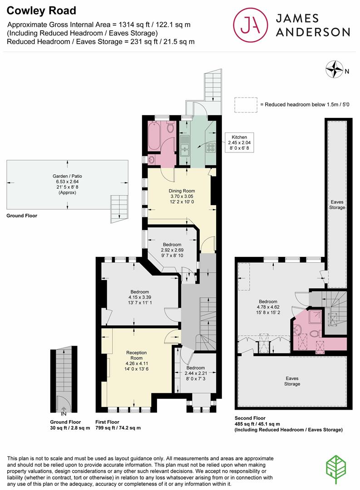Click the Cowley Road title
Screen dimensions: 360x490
click(41, 10)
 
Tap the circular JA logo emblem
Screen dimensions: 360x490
click(251, 25)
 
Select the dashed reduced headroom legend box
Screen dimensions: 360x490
click(246, 105)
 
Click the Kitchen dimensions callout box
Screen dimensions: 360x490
click(239, 142)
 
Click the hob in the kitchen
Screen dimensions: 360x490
click(211, 147)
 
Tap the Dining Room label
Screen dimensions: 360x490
click(182, 196)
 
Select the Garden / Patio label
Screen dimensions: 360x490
click(67, 184)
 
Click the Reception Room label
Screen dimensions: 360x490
click(136, 361)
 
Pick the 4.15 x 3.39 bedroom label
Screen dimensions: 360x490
click(140, 297)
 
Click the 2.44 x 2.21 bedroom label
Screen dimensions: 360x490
click(196, 373)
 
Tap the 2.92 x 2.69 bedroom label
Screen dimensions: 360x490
click(172, 250)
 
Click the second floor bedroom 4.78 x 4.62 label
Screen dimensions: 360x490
click(268, 307)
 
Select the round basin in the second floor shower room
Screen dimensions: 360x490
click(298, 329)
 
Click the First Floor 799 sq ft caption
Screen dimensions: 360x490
click(118, 425)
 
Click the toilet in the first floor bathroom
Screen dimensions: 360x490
click(170, 127)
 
